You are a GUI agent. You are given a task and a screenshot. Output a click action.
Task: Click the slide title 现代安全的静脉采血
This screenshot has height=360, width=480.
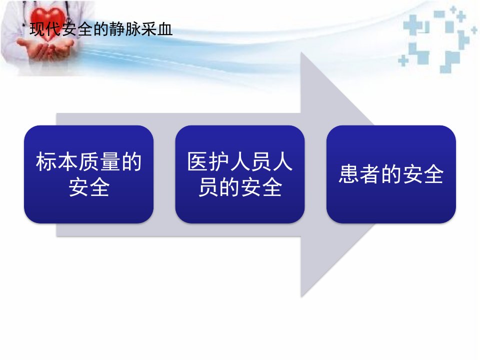[x=101, y=29]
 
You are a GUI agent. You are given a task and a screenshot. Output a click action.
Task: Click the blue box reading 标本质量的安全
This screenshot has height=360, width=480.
[x=89, y=174]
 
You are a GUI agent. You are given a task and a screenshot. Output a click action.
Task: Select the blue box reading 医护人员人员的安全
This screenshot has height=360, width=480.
[x=240, y=174]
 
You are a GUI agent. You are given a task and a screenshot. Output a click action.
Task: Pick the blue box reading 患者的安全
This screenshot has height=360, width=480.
[x=391, y=174]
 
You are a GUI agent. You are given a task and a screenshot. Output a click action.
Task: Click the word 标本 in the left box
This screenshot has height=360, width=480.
[x=56, y=161]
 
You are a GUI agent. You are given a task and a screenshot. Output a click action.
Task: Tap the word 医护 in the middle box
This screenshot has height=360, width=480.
[x=208, y=161]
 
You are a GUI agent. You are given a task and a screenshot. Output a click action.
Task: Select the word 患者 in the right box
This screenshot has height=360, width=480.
[x=359, y=174]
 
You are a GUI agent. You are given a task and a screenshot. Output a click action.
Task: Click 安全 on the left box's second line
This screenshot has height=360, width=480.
[x=89, y=187]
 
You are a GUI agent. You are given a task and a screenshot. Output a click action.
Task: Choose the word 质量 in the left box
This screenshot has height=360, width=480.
[x=99, y=161]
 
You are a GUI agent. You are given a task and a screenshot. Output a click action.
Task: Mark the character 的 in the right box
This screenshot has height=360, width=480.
[x=391, y=174]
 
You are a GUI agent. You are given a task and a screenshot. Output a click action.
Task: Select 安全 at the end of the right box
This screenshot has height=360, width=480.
[x=423, y=174]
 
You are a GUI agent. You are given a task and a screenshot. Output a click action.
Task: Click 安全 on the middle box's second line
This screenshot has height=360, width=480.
[x=261, y=187]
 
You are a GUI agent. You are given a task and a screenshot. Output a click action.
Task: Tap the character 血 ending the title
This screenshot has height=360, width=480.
[x=165, y=29]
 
